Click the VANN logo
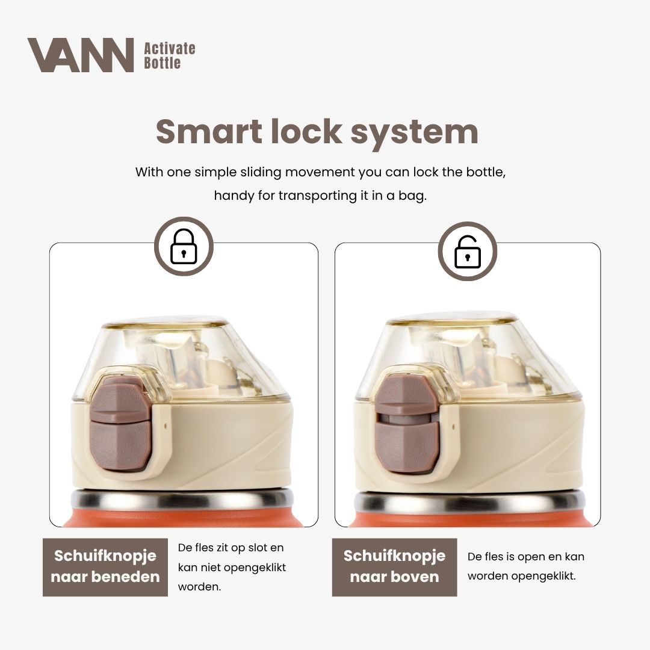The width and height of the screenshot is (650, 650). [80, 55]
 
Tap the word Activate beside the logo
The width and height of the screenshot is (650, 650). [170, 49]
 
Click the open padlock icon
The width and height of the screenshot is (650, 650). [467, 251]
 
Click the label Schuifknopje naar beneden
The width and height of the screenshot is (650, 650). [105, 566]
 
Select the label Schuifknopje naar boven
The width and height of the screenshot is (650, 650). [395, 566]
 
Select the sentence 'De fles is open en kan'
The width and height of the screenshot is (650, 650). [525, 557]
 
